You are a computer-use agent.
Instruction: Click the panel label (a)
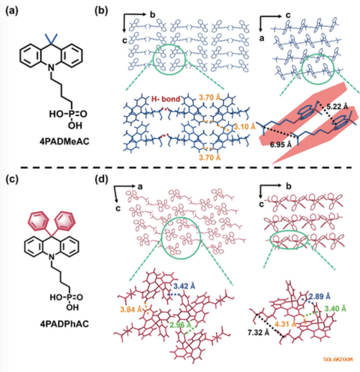click(11, 11)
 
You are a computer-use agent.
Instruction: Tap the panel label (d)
click(101, 179)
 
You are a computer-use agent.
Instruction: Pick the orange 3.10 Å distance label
click(243, 127)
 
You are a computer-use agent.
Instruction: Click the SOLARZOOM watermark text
click(338, 359)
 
